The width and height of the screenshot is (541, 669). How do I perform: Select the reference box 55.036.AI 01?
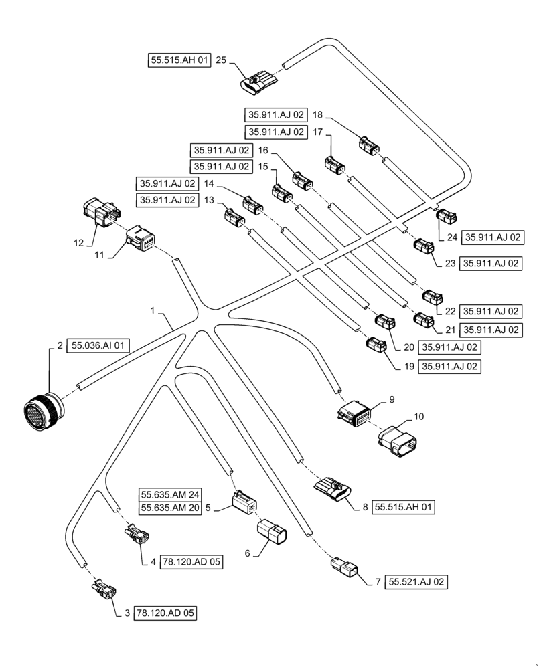pyautogui.click(x=98, y=346)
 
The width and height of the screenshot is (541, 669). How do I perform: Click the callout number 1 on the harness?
pyautogui.click(x=153, y=311)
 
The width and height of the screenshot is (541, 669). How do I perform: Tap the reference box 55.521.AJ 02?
pyautogui.click(x=416, y=582)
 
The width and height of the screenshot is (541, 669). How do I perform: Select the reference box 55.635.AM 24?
pyautogui.click(x=170, y=495)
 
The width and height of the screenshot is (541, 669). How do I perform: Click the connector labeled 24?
pyautogui.click(x=447, y=216)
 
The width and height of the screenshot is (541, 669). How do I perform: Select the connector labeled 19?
pyautogui.click(x=376, y=346)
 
